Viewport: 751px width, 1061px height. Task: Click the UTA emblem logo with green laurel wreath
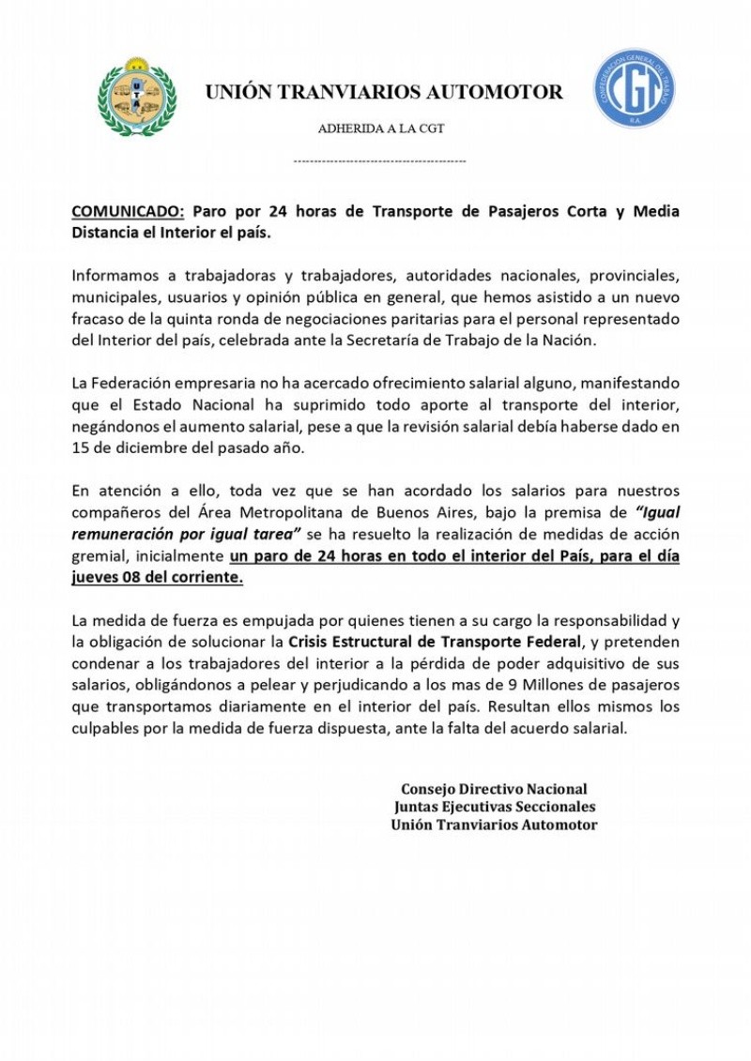[137, 96]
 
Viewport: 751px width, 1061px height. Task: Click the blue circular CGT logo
[634, 89]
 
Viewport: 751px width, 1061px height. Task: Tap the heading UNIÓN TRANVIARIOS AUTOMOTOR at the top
[384, 93]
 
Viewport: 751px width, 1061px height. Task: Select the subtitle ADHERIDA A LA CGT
[380, 129]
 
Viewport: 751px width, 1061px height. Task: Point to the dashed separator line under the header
[379, 162]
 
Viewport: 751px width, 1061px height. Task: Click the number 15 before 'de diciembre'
[81, 448]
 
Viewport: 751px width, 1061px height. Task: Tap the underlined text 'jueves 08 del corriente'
[157, 577]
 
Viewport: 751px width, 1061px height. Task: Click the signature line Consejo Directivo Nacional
[494, 790]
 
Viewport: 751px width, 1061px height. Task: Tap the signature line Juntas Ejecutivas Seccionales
[495, 807]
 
